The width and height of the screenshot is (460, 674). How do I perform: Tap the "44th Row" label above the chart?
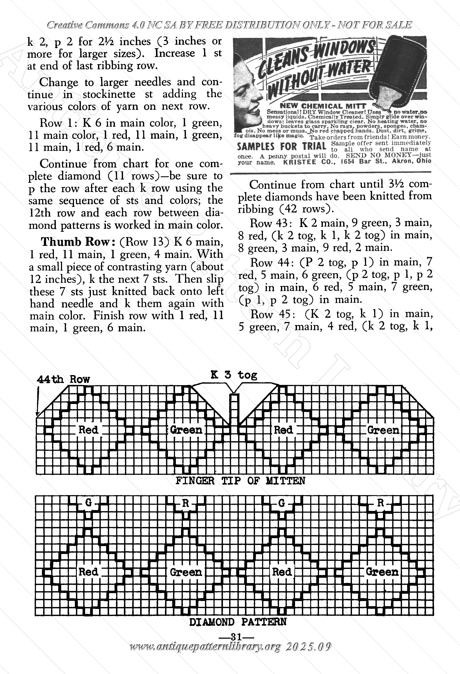(63, 379)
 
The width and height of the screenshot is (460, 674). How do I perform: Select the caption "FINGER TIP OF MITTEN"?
(240, 481)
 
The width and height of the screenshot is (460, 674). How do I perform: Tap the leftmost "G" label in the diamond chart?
(88, 503)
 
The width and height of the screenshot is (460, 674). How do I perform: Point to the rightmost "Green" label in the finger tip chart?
(383, 430)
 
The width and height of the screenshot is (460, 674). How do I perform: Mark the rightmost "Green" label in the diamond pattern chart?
(382, 572)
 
